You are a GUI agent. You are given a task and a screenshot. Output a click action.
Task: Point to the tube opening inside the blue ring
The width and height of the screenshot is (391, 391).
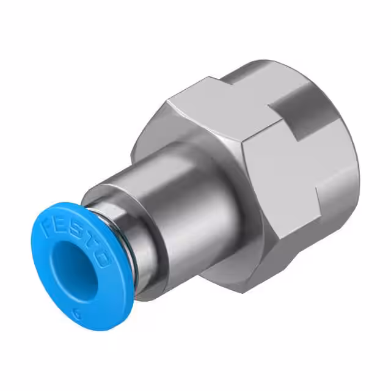click(75, 272)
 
